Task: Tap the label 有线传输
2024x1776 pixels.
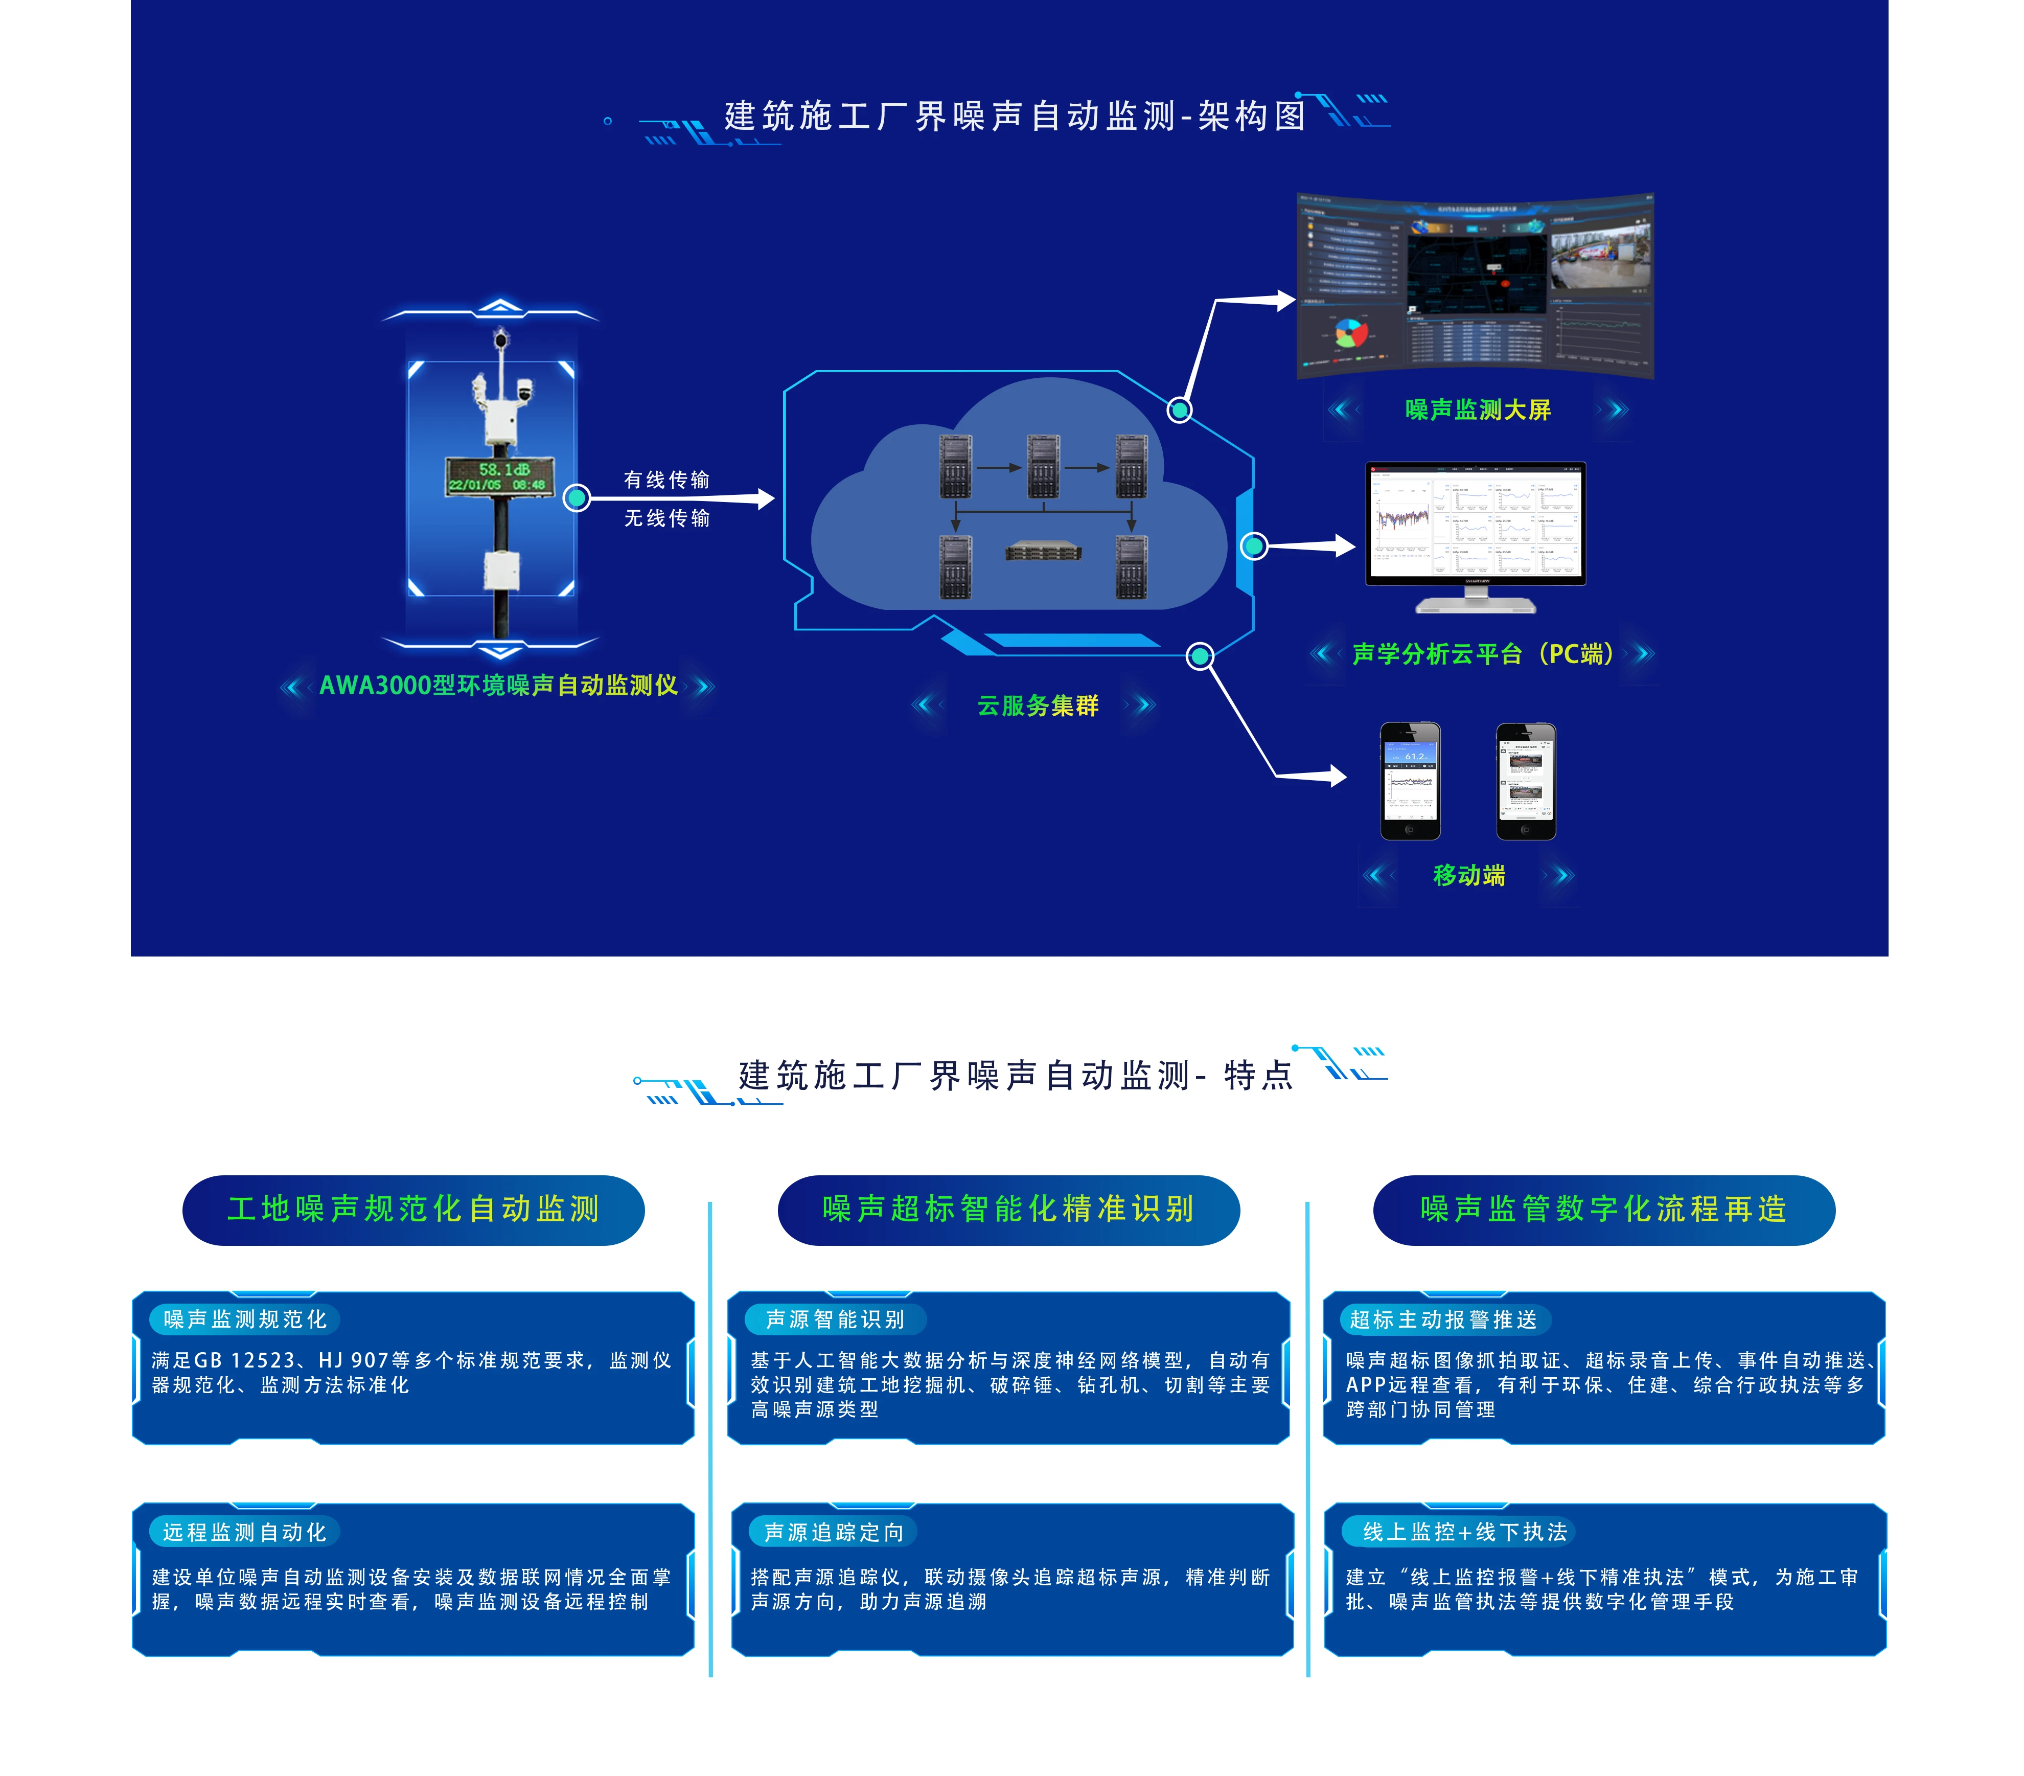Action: [666, 480]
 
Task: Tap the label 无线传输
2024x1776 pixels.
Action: [666, 518]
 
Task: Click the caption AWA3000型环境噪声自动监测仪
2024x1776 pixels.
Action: [498, 686]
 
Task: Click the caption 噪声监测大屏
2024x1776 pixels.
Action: [1478, 409]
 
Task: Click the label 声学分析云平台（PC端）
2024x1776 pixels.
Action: [1482, 654]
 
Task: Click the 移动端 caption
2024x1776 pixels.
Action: [1468, 875]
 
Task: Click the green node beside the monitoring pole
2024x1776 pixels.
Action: [577, 498]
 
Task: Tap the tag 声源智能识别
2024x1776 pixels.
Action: [835, 1319]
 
